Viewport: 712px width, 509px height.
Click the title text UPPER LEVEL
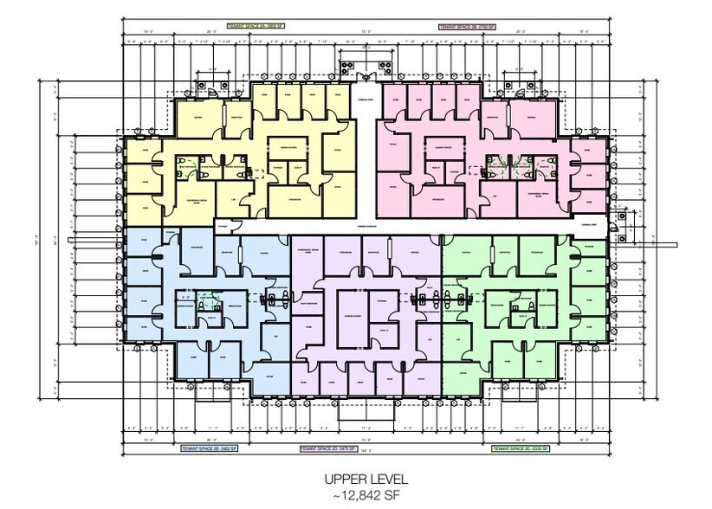(355, 478)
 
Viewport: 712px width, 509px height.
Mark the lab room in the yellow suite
(235, 199)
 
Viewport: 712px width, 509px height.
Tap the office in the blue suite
(269, 376)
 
